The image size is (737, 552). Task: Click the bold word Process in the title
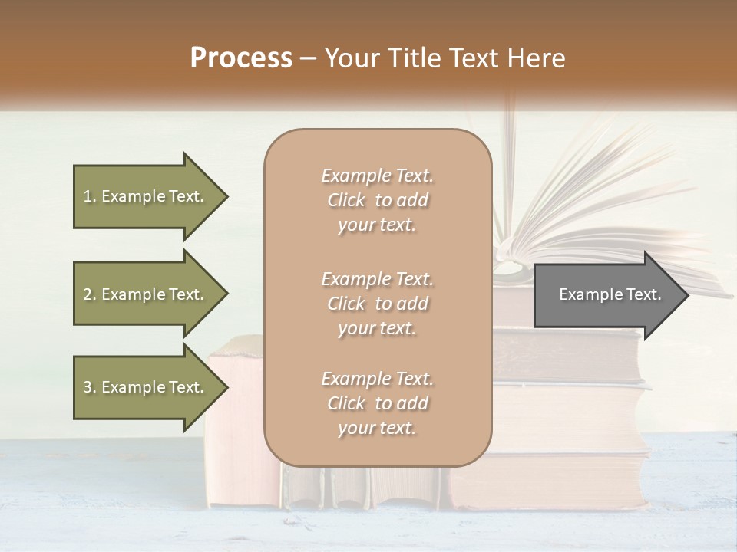[241, 58]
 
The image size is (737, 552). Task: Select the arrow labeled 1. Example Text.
[146, 196]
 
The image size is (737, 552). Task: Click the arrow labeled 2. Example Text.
[146, 294]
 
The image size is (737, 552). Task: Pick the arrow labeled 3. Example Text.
[146, 387]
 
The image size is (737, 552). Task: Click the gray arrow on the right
[606, 294]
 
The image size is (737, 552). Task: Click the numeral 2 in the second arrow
[88, 294]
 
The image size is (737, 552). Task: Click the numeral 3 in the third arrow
[88, 387]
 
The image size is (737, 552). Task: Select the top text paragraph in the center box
[378, 200]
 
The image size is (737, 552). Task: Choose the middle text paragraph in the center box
[378, 304]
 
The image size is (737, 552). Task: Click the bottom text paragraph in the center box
[378, 403]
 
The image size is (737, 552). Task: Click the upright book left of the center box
[235, 429]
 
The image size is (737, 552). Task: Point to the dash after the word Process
[309, 58]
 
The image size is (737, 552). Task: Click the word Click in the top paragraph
[346, 200]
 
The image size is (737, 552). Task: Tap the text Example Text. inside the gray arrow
[610, 294]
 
